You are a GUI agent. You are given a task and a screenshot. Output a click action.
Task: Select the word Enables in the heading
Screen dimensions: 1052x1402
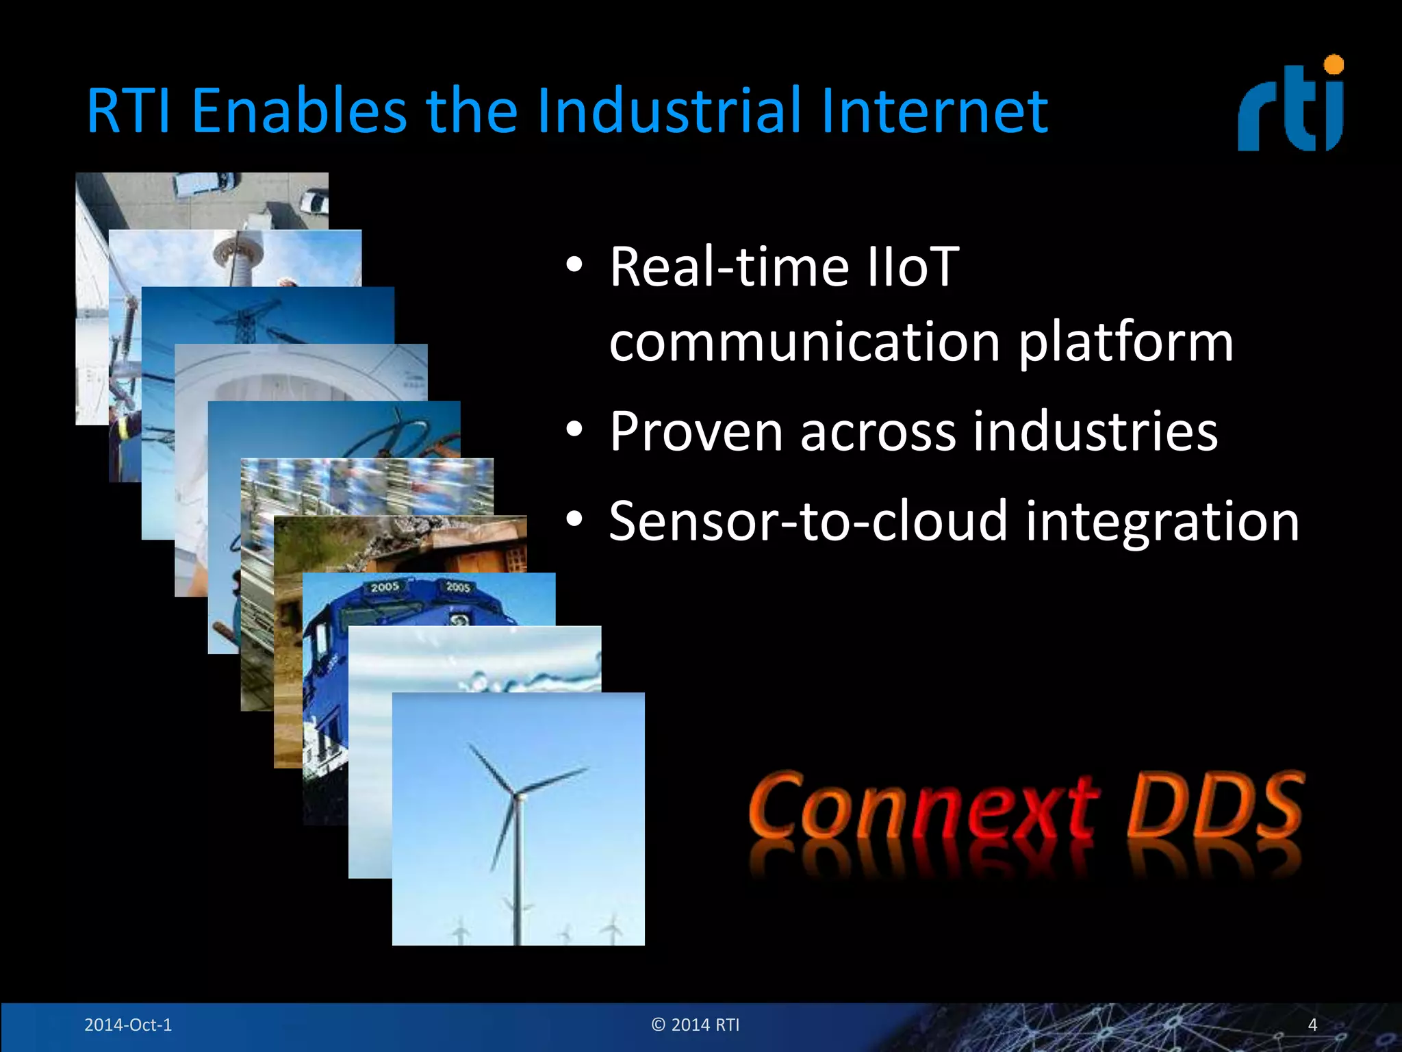click(299, 111)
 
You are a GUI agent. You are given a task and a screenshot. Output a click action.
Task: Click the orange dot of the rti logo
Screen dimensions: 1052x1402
click(1334, 65)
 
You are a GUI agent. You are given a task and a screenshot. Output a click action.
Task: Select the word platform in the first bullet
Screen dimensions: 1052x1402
click(1125, 342)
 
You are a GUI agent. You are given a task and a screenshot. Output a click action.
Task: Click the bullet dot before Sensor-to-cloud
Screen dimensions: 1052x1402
click(574, 520)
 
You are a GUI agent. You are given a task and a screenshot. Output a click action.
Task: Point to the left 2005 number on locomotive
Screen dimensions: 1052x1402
click(385, 587)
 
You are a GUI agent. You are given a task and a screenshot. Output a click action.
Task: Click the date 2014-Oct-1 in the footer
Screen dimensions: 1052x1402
click(128, 1025)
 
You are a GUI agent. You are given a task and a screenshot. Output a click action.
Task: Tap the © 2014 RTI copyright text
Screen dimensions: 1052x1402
click(696, 1025)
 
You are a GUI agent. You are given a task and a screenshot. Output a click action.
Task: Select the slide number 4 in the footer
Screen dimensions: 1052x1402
click(1312, 1025)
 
